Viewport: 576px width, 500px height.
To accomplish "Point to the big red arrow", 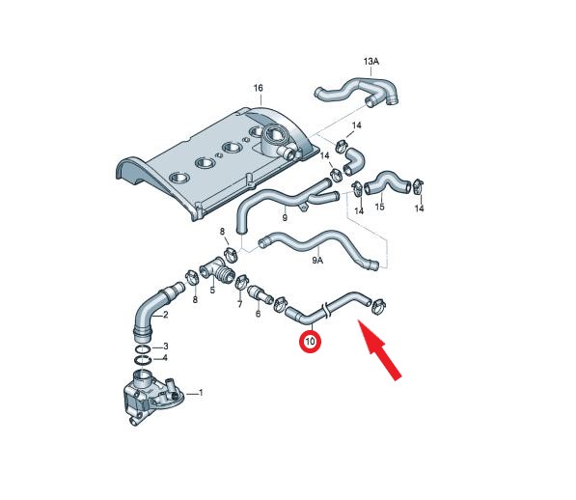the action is [379, 350].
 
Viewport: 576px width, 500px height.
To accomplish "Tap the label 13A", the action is [371, 62].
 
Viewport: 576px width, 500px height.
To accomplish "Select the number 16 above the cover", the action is [259, 88].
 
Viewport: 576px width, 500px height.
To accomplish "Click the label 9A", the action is [317, 261].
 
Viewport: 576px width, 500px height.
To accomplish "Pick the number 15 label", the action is [379, 207].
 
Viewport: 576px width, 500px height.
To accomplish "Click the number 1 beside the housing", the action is [201, 393].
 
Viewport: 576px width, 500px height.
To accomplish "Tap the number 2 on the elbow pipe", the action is [165, 315].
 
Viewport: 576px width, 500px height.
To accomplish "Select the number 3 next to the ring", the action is [166, 347].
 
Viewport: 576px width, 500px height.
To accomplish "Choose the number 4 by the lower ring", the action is [165, 357].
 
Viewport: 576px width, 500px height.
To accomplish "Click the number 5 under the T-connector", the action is [212, 291].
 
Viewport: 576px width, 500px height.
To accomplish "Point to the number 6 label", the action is [258, 314].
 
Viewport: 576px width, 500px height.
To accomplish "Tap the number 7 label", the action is [240, 304].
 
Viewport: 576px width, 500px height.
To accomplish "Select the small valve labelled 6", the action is [260, 295].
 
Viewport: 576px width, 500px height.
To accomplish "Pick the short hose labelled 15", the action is [387, 181].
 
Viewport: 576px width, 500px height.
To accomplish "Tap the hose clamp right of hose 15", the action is [418, 186].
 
